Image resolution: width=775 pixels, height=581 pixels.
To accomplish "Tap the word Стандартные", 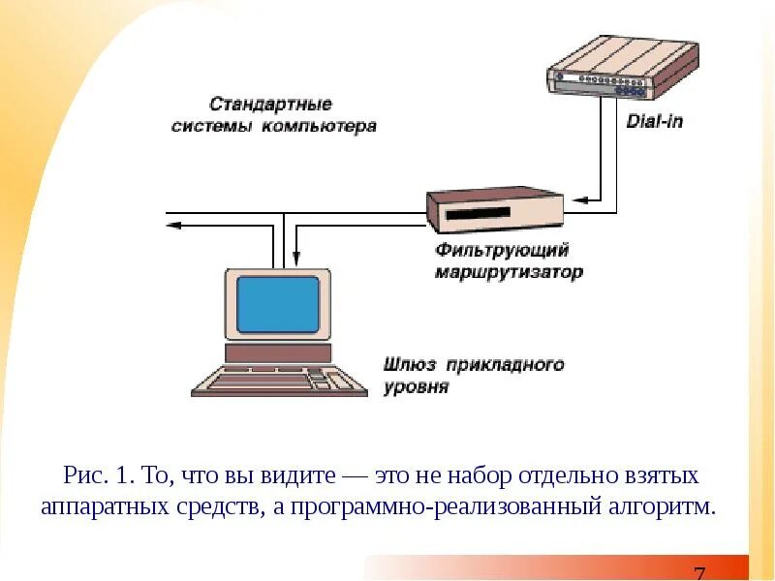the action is point(271,104).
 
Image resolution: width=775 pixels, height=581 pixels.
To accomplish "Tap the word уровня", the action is point(417,387).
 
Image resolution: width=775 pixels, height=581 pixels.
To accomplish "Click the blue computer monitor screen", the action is point(278,303).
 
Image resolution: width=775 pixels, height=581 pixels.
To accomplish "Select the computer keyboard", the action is point(279,381).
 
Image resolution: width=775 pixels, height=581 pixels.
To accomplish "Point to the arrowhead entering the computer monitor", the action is point(295,260).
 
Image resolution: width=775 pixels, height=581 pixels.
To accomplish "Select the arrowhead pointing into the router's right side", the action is point(573,201).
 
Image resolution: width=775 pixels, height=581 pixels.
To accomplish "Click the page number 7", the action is point(699,572).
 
